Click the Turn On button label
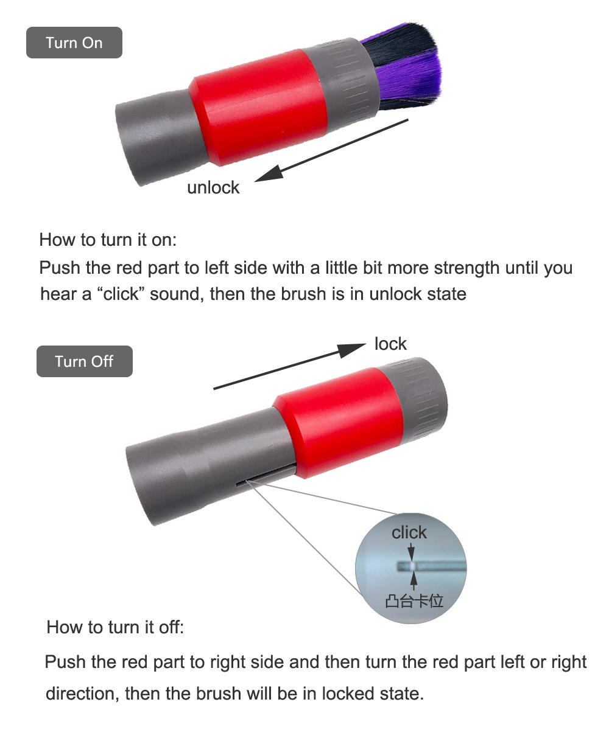[x=74, y=43]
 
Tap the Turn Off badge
[x=85, y=361]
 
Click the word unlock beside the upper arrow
[x=213, y=187]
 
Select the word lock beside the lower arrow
[x=390, y=344]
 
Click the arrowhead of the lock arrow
[x=351, y=350]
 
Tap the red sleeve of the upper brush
[x=259, y=107]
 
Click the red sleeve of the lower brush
[x=338, y=422]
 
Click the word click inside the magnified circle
[x=409, y=532]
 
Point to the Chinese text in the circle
[x=414, y=601]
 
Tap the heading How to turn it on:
[x=108, y=240]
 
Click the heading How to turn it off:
[x=115, y=627]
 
